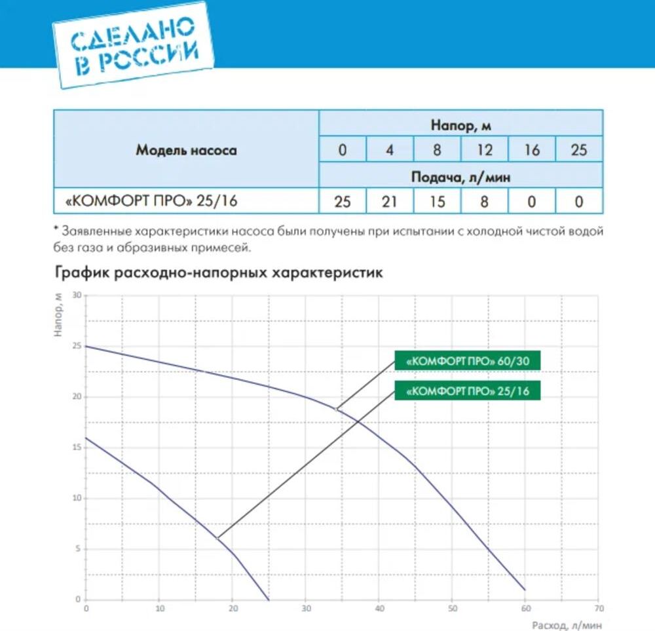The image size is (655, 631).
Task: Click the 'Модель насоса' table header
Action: [x=186, y=150]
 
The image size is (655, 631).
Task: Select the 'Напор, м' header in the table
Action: [x=461, y=124]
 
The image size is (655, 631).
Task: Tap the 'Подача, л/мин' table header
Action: [x=461, y=177]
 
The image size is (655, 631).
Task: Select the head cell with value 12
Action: [x=484, y=150]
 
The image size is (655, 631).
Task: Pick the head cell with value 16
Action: [x=532, y=150]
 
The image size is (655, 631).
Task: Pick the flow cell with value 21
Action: [x=390, y=202]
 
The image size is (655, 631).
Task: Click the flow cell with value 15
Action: [x=437, y=202]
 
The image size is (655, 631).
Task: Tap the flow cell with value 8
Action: [x=484, y=202]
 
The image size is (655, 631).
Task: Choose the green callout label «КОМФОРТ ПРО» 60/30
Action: [x=467, y=361]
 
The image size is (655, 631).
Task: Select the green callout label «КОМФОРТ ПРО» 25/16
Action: [x=467, y=391]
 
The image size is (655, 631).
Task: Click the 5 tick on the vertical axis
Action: [x=77, y=549]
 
